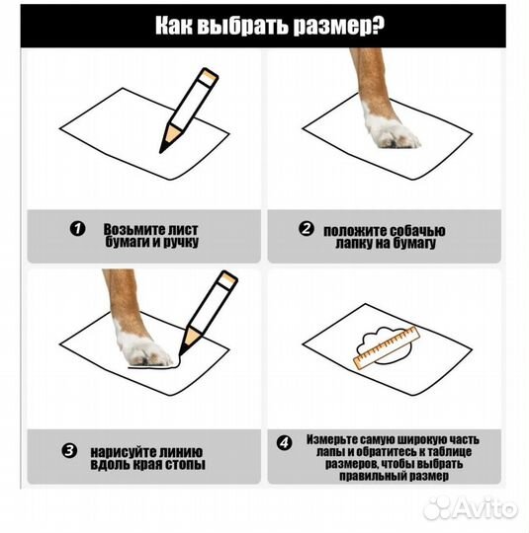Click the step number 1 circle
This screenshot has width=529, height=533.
coord(77,229)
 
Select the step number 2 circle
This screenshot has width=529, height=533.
coord(307,229)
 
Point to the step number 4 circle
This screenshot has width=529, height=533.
coord(286,443)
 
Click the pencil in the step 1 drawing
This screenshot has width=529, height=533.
coord(187,110)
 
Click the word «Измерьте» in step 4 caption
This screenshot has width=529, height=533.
coord(337,437)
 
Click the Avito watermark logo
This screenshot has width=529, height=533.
coord(469,507)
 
